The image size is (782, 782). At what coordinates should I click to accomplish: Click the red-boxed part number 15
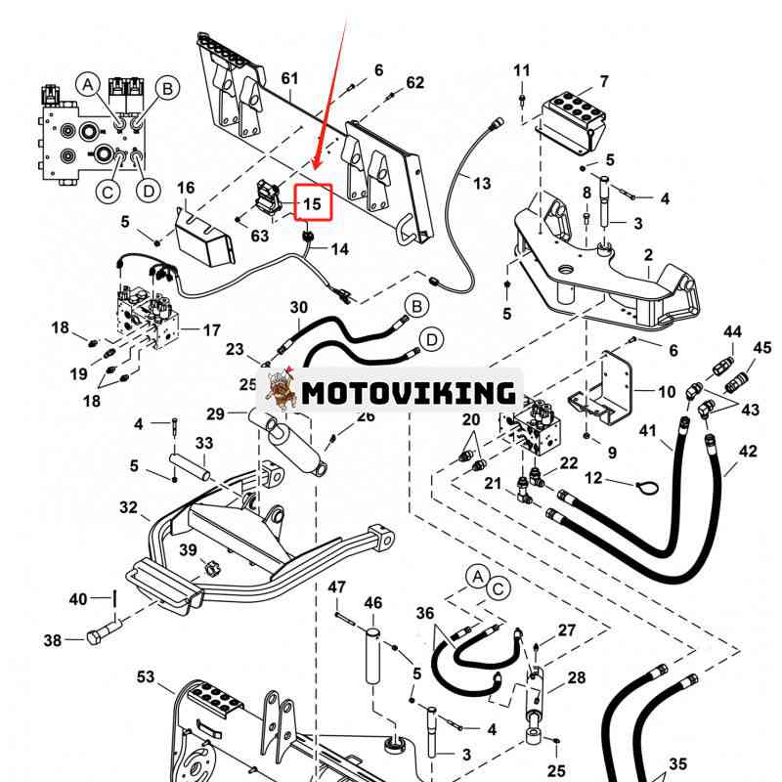coord(312,204)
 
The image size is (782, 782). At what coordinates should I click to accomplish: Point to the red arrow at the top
coord(330,88)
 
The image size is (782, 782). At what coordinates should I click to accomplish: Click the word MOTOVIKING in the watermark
coord(408,393)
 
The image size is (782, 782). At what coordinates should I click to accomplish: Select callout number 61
coord(289,78)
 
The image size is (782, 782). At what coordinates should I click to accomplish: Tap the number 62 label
coord(415,83)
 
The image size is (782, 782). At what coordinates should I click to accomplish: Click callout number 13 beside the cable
coord(482,183)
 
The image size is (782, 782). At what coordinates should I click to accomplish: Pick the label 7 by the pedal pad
coord(604,81)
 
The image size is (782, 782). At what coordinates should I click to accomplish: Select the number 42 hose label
coord(748,452)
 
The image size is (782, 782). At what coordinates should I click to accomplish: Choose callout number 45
coord(762,348)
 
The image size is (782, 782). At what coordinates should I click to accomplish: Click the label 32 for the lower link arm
coord(128,507)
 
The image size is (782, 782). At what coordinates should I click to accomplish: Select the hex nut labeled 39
coord(210,565)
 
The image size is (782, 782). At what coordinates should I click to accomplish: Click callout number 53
coord(146,676)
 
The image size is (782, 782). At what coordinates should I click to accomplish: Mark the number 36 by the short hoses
coord(424,613)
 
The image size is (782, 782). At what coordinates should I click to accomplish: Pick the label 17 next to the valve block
coord(212,330)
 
